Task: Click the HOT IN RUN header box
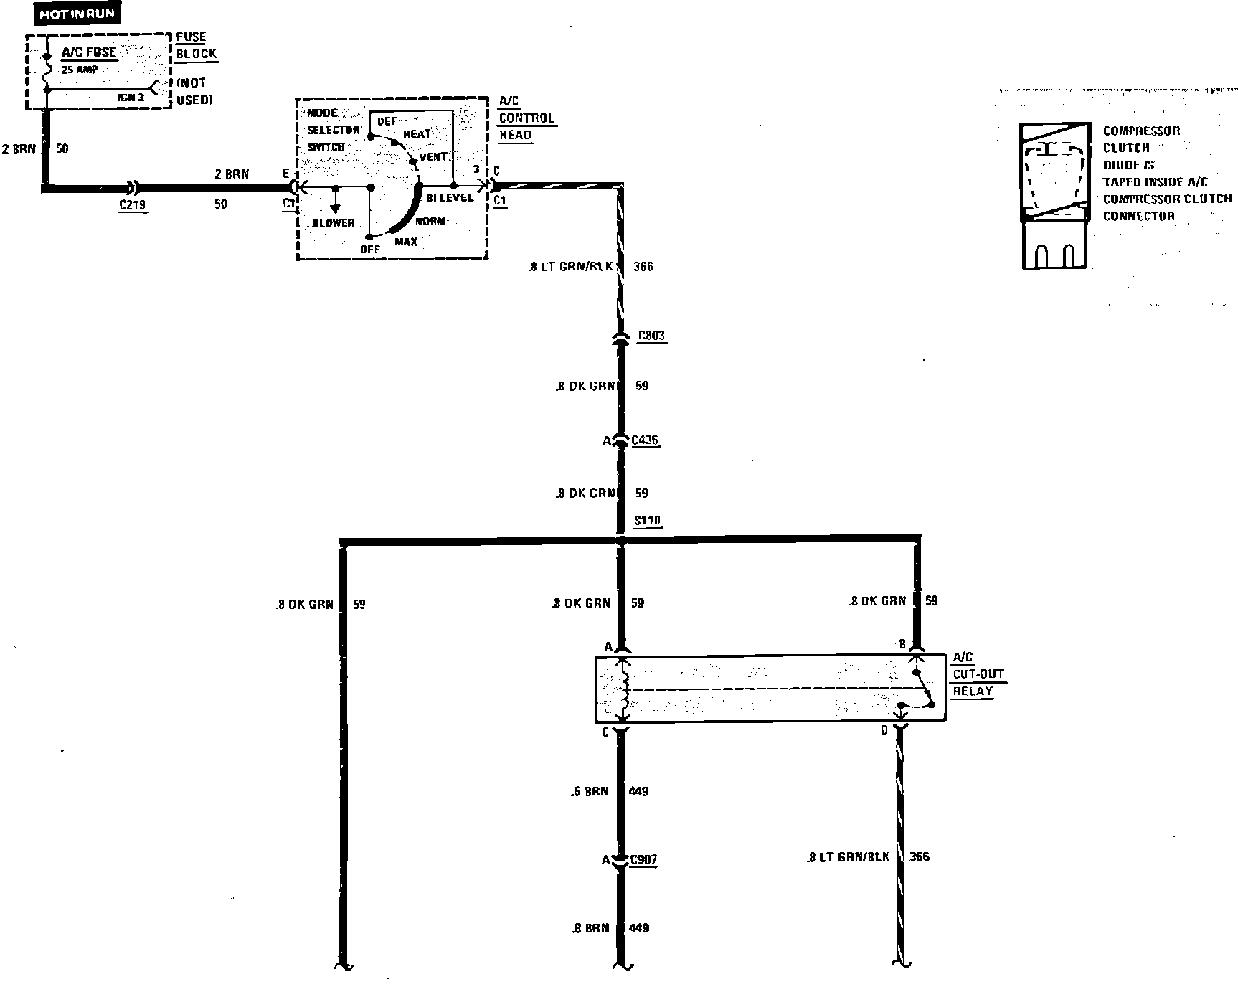pyautogui.click(x=77, y=14)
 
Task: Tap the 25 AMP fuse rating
pyautogui.click(x=80, y=70)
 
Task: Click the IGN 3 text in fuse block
pyautogui.click(x=131, y=97)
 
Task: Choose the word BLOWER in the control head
pyautogui.click(x=334, y=223)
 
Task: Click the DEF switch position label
pyautogui.click(x=387, y=121)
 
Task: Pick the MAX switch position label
pyautogui.click(x=406, y=242)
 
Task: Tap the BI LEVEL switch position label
pyautogui.click(x=450, y=197)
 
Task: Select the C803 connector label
pyautogui.click(x=651, y=335)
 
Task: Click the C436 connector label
pyautogui.click(x=645, y=440)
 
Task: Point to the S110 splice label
pyautogui.click(x=648, y=521)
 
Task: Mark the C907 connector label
pyautogui.click(x=643, y=859)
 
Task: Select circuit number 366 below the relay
pyautogui.click(x=919, y=856)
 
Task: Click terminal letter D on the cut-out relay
pyautogui.click(x=884, y=730)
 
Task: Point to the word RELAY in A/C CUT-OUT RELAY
pyautogui.click(x=973, y=691)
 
